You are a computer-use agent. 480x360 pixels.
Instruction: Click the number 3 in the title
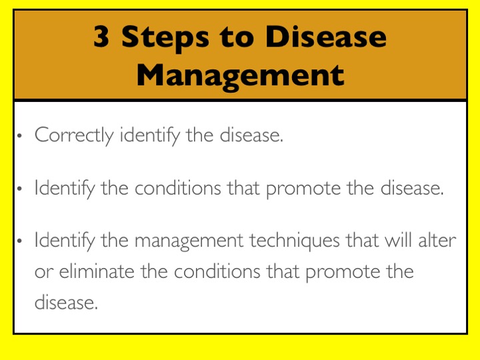click(101, 37)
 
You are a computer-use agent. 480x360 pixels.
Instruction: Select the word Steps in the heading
click(165, 39)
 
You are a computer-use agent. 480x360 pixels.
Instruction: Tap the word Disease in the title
click(326, 37)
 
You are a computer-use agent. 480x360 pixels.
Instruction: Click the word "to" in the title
click(237, 38)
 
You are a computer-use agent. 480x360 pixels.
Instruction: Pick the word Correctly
click(74, 135)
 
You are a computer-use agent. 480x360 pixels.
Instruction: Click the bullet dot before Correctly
click(19, 135)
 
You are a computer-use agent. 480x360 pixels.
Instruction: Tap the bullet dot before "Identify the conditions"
click(19, 188)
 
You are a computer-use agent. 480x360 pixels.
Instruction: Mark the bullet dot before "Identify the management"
click(19, 241)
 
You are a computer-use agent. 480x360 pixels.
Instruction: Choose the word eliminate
click(97, 271)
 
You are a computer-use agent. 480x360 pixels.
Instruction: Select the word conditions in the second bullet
click(177, 187)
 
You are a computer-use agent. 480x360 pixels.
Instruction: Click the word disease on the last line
click(66, 302)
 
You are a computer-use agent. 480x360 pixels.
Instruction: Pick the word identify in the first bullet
click(150, 135)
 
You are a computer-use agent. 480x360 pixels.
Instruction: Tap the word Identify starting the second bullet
click(65, 188)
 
